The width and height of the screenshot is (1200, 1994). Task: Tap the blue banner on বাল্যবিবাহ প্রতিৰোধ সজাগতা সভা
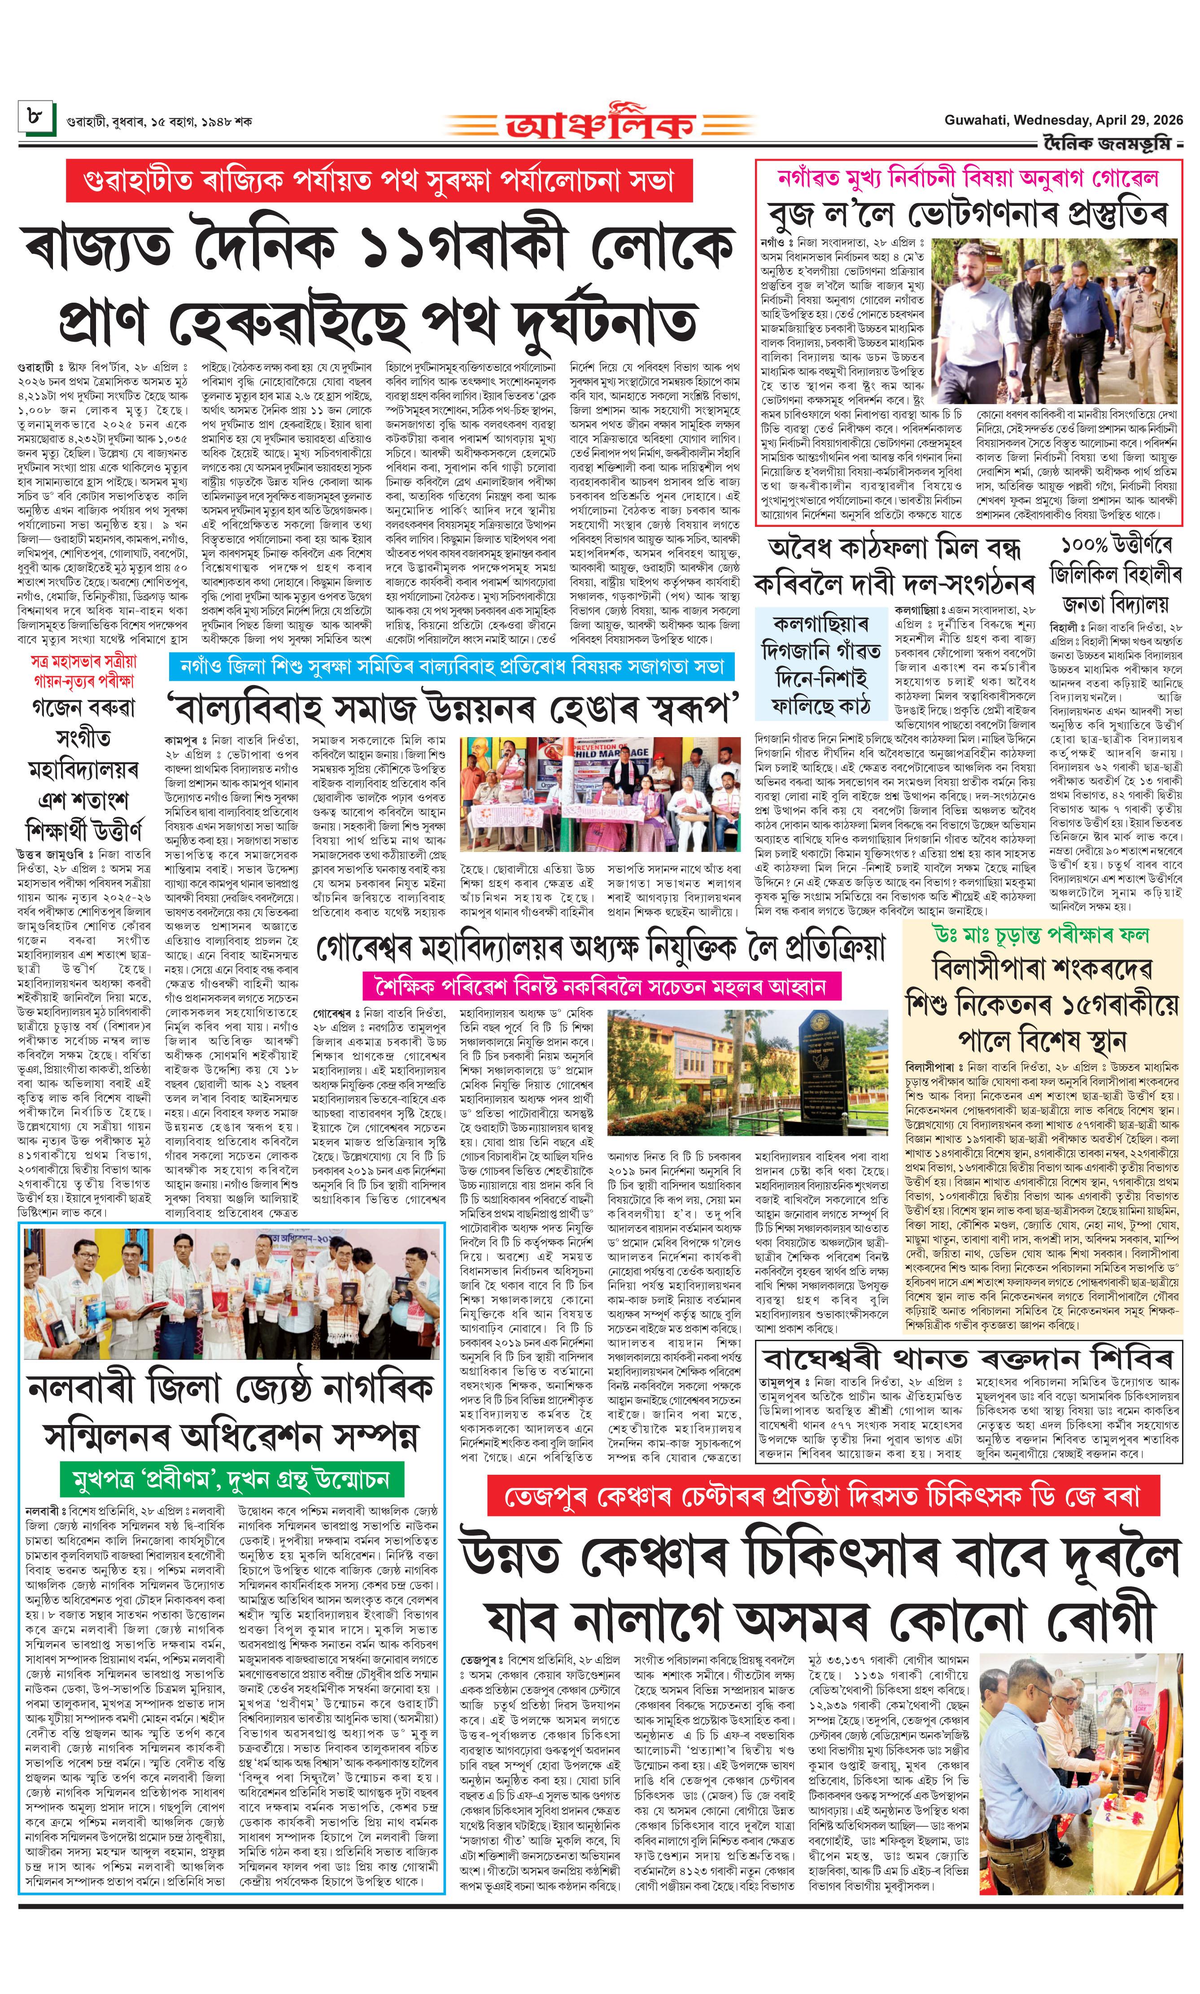click(451, 666)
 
